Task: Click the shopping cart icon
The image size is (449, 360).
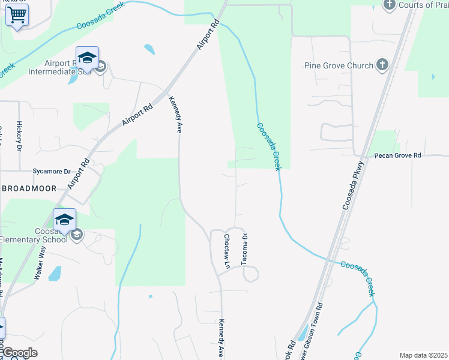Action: [17, 14]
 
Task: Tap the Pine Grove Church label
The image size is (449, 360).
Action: [339, 65]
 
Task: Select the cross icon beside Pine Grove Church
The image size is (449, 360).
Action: [382, 65]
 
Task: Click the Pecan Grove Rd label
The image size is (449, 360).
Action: [398, 155]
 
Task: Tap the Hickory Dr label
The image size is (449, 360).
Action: [19, 136]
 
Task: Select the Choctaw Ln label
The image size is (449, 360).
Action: [227, 251]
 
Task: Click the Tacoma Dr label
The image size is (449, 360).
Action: [244, 248]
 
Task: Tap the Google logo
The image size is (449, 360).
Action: [19, 353]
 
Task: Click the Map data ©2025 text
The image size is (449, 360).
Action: [424, 355]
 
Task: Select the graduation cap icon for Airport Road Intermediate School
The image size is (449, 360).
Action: [87, 57]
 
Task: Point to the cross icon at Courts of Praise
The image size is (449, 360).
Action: [390, 5]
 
